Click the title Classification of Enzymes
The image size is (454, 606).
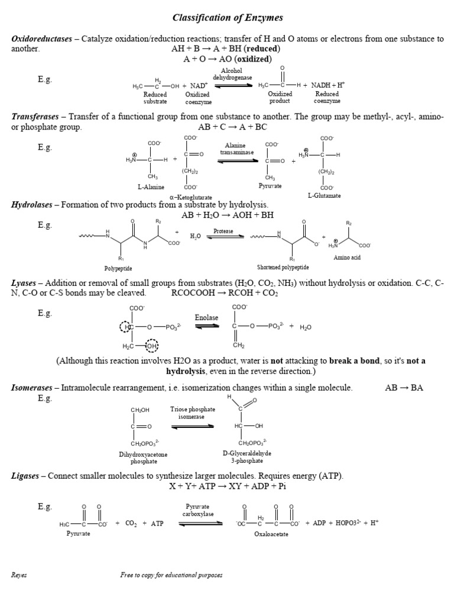[228, 18]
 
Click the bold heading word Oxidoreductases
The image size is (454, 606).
[41, 39]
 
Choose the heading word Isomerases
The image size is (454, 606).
[32, 388]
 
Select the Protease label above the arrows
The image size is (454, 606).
[223, 231]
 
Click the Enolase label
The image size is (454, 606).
[206, 318]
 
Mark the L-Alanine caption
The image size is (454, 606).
[151, 186]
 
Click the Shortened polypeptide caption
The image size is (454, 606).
[283, 267]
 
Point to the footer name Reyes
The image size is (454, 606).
[19, 575]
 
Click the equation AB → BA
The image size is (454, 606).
[404, 388]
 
